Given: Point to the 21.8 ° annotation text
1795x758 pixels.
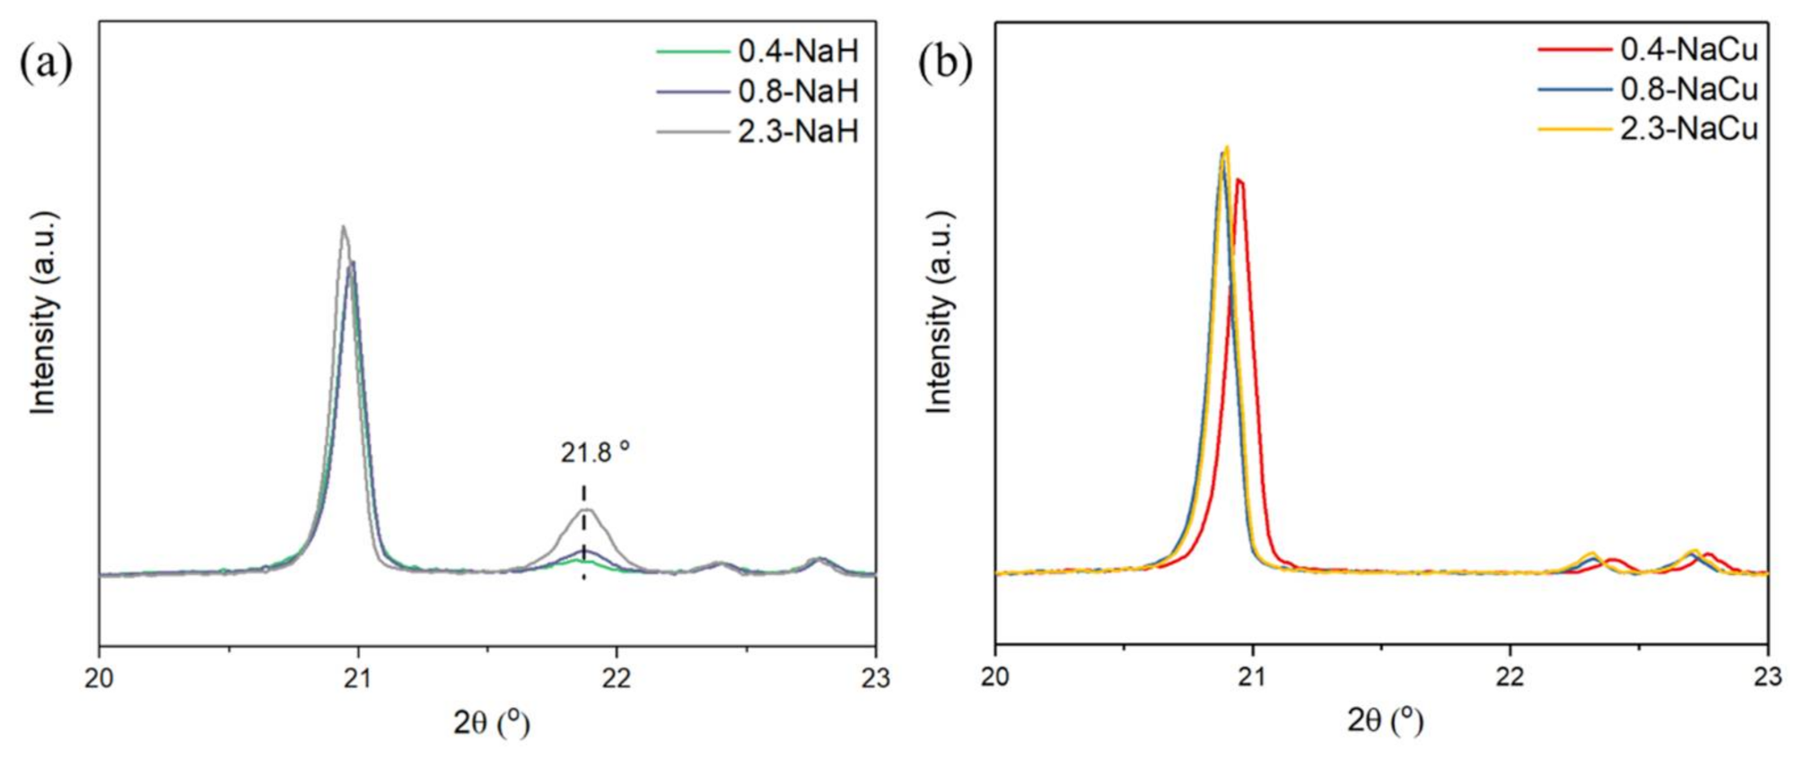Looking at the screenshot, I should coord(595,453).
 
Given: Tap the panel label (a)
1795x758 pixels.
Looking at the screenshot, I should coord(46,64).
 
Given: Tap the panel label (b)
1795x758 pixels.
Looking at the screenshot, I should coord(945,64).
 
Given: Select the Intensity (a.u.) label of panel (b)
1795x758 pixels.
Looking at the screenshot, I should coord(939,312).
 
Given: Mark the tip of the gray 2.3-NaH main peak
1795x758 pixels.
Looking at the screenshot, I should coord(343,226).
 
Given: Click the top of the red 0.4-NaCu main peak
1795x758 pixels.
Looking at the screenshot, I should coord(1239,179).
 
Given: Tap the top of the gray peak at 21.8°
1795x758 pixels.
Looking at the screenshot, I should coord(586,510).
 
